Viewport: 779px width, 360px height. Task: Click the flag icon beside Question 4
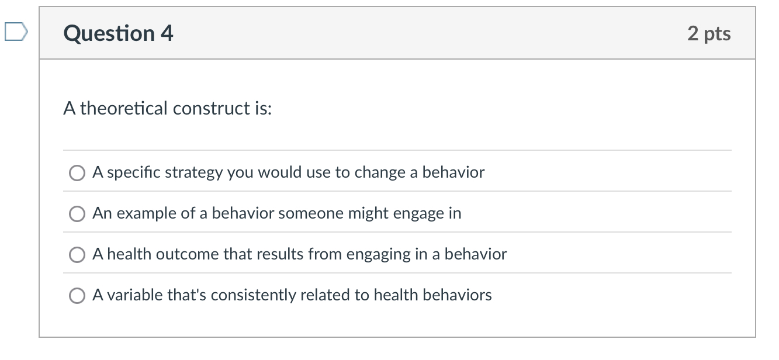[x=15, y=32]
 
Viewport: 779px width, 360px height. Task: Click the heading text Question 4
[x=118, y=33]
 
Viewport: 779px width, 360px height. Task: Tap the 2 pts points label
[x=709, y=33]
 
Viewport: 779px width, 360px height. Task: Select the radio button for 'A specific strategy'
[x=77, y=173]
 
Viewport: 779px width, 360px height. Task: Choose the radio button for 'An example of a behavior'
[x=77, y=214]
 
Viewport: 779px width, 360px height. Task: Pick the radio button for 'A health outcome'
[x=77, y=255]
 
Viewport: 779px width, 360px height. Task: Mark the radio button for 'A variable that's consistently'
[x=77, y=296]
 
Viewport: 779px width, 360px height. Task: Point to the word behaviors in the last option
[x=457, y=295]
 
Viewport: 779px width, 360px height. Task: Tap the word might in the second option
[x=366, y=213]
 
